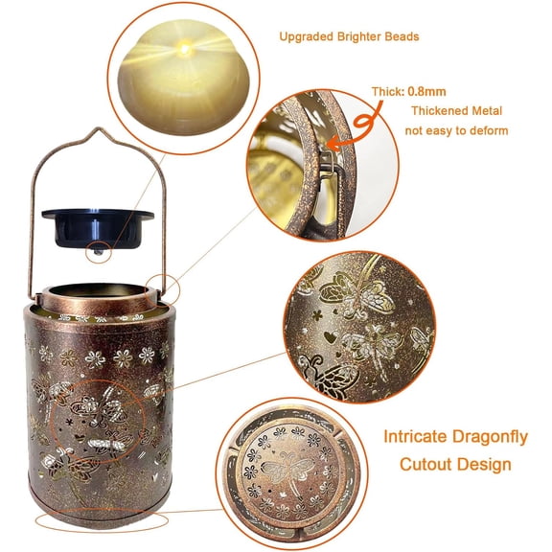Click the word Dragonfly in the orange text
pyautogui.click(x=490, y=437)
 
